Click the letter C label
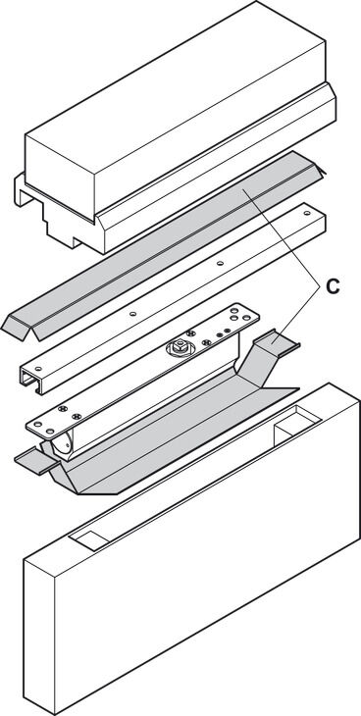[x=333, y=285]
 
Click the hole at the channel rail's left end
[x=38, y=368]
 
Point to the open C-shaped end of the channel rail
[x=29, y=381]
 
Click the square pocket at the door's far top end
[x=297, y=422]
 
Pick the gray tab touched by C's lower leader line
[x=276, y=341]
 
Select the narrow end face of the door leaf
[x=40, y=636]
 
